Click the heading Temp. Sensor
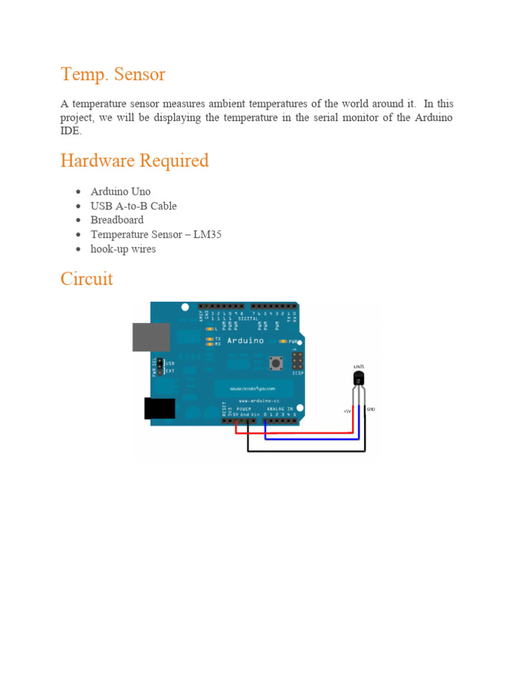coord(112,74)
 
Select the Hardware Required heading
coord(135,161)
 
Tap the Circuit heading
coord(87,278)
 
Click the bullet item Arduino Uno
coord(120,191)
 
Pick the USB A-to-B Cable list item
coord(134,206)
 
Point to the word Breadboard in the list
coord(117,220)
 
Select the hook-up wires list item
coord(123,250)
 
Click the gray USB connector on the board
coord(151,336)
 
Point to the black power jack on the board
coord(160,408)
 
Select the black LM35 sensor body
coord(359,379)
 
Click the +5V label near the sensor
coord(347,411)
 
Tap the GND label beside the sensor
coord(372,408)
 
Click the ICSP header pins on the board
coord(296,361)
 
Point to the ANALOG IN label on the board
coord(280,408)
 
